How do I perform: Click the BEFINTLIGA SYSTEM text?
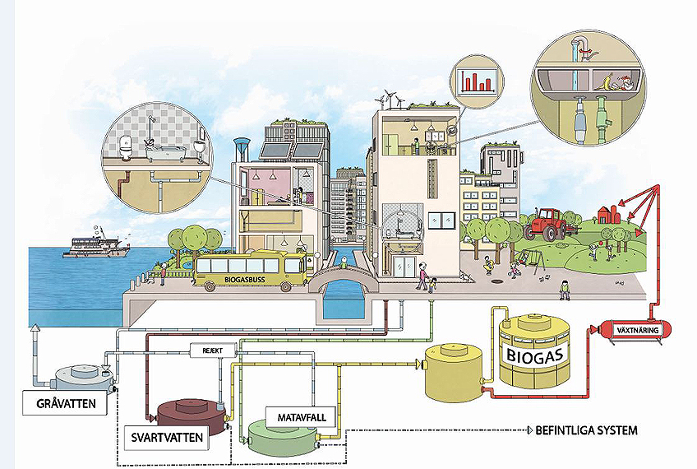coord(586,430)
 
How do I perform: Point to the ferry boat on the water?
coord(96,247)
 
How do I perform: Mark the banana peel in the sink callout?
coord(607,81)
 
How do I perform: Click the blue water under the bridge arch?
coord(341,306)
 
